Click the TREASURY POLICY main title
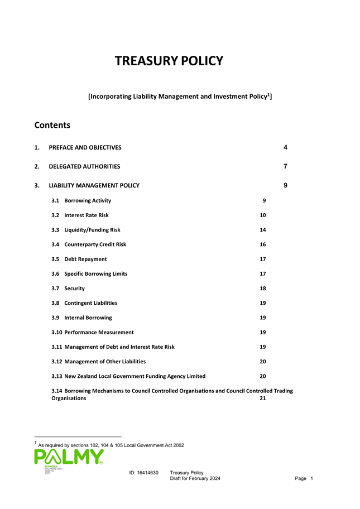coord(169,61)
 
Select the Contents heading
coord(52,125)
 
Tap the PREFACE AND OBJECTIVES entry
coord(85,147)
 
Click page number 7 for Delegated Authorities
coord(285,166)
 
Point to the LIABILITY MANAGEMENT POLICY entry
coord(94,185)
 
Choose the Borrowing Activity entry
coord(87,200)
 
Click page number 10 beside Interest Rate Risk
coord(263,215)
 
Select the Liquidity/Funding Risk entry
coord(92,229)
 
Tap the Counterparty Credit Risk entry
coord(95,244)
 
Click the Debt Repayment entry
coord(85,259)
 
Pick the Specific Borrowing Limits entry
coord(95,273)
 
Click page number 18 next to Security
coord(263,288)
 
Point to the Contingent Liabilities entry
coord(90,303)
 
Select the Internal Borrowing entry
coord(88,318)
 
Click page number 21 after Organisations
coord(263,398)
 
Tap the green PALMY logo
coord(69,457)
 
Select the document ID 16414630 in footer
coord(143,473)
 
